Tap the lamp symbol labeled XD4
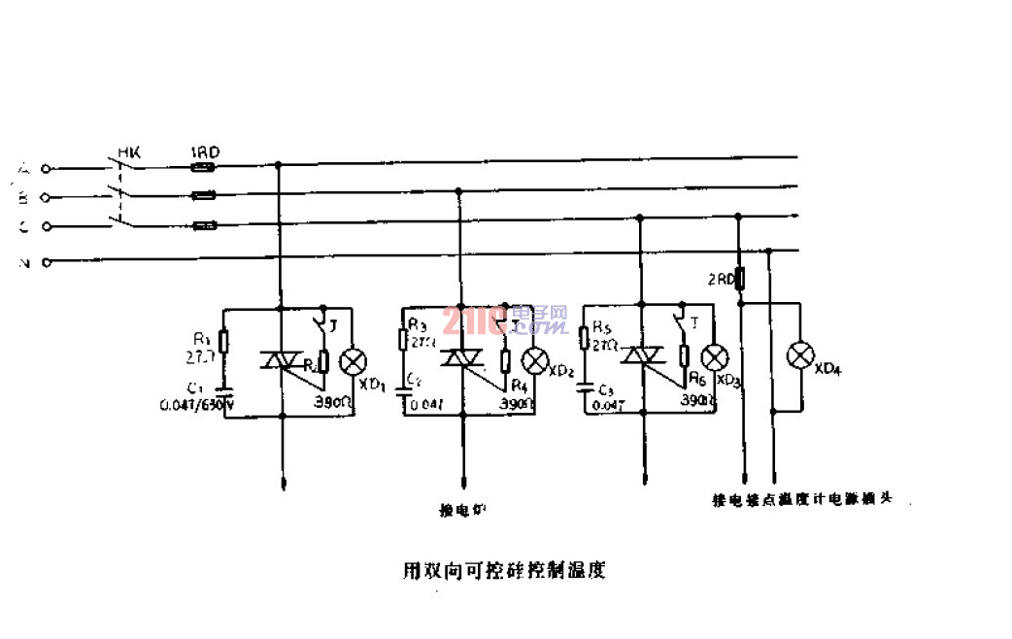[x=799, y=355]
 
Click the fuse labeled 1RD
[x=203, y=167]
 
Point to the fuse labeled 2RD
[x=740, y=280]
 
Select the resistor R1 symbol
[x=224, y=342]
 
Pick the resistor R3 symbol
[x=404, y=340]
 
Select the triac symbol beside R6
[x=642, y=358]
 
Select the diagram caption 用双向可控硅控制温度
[x=504, y=569]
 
